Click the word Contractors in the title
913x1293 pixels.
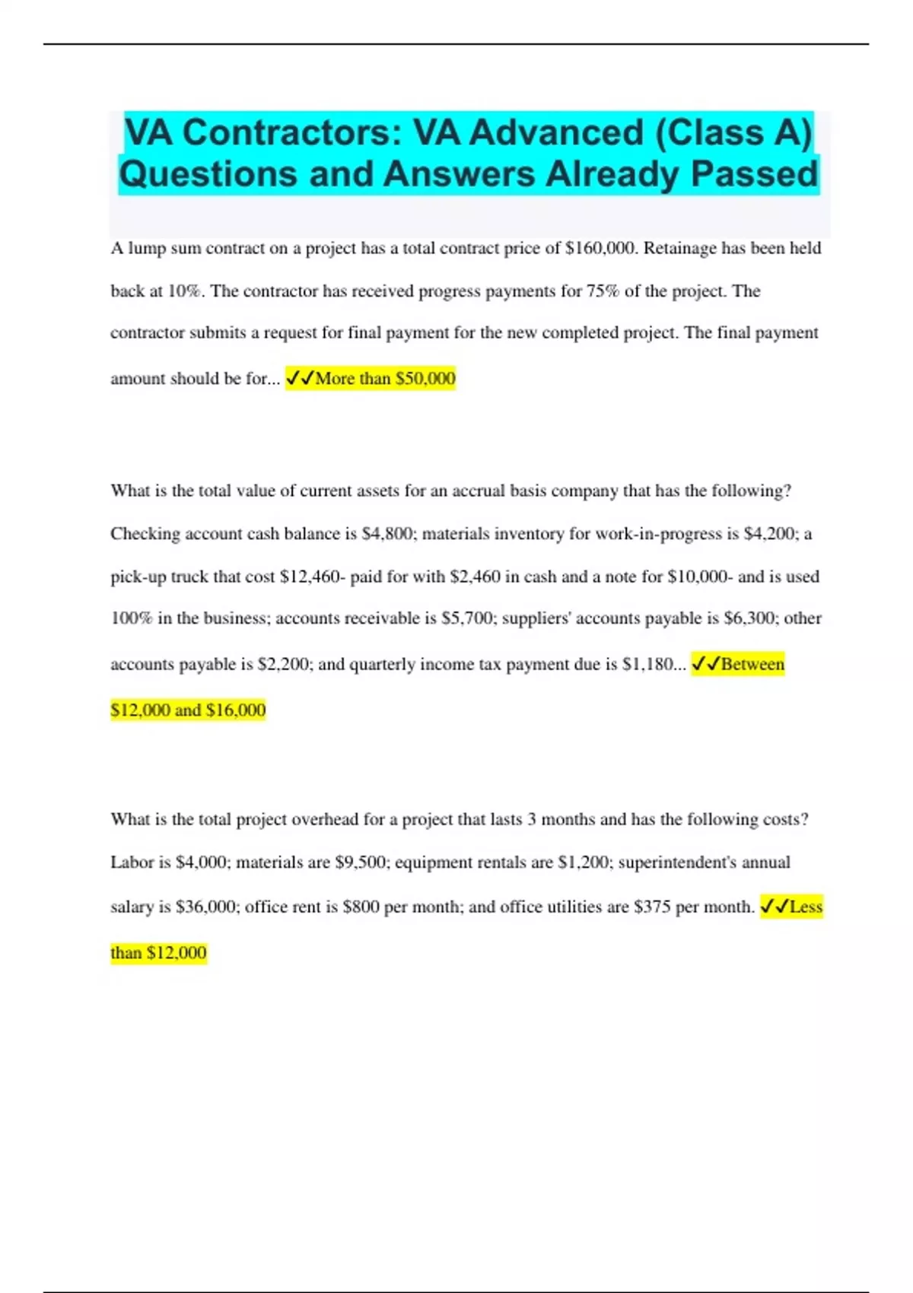click(x=285, y=132)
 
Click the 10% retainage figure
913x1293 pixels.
click(x=185, y=291)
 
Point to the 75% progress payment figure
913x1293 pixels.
click(x=603, y=291)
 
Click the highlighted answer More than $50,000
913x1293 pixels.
click(x=371, y=378)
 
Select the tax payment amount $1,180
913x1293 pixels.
click(x=647, y=665)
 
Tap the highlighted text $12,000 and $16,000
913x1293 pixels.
click(x=188, y=710)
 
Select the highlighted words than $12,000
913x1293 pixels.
click(x=158, y=953)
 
